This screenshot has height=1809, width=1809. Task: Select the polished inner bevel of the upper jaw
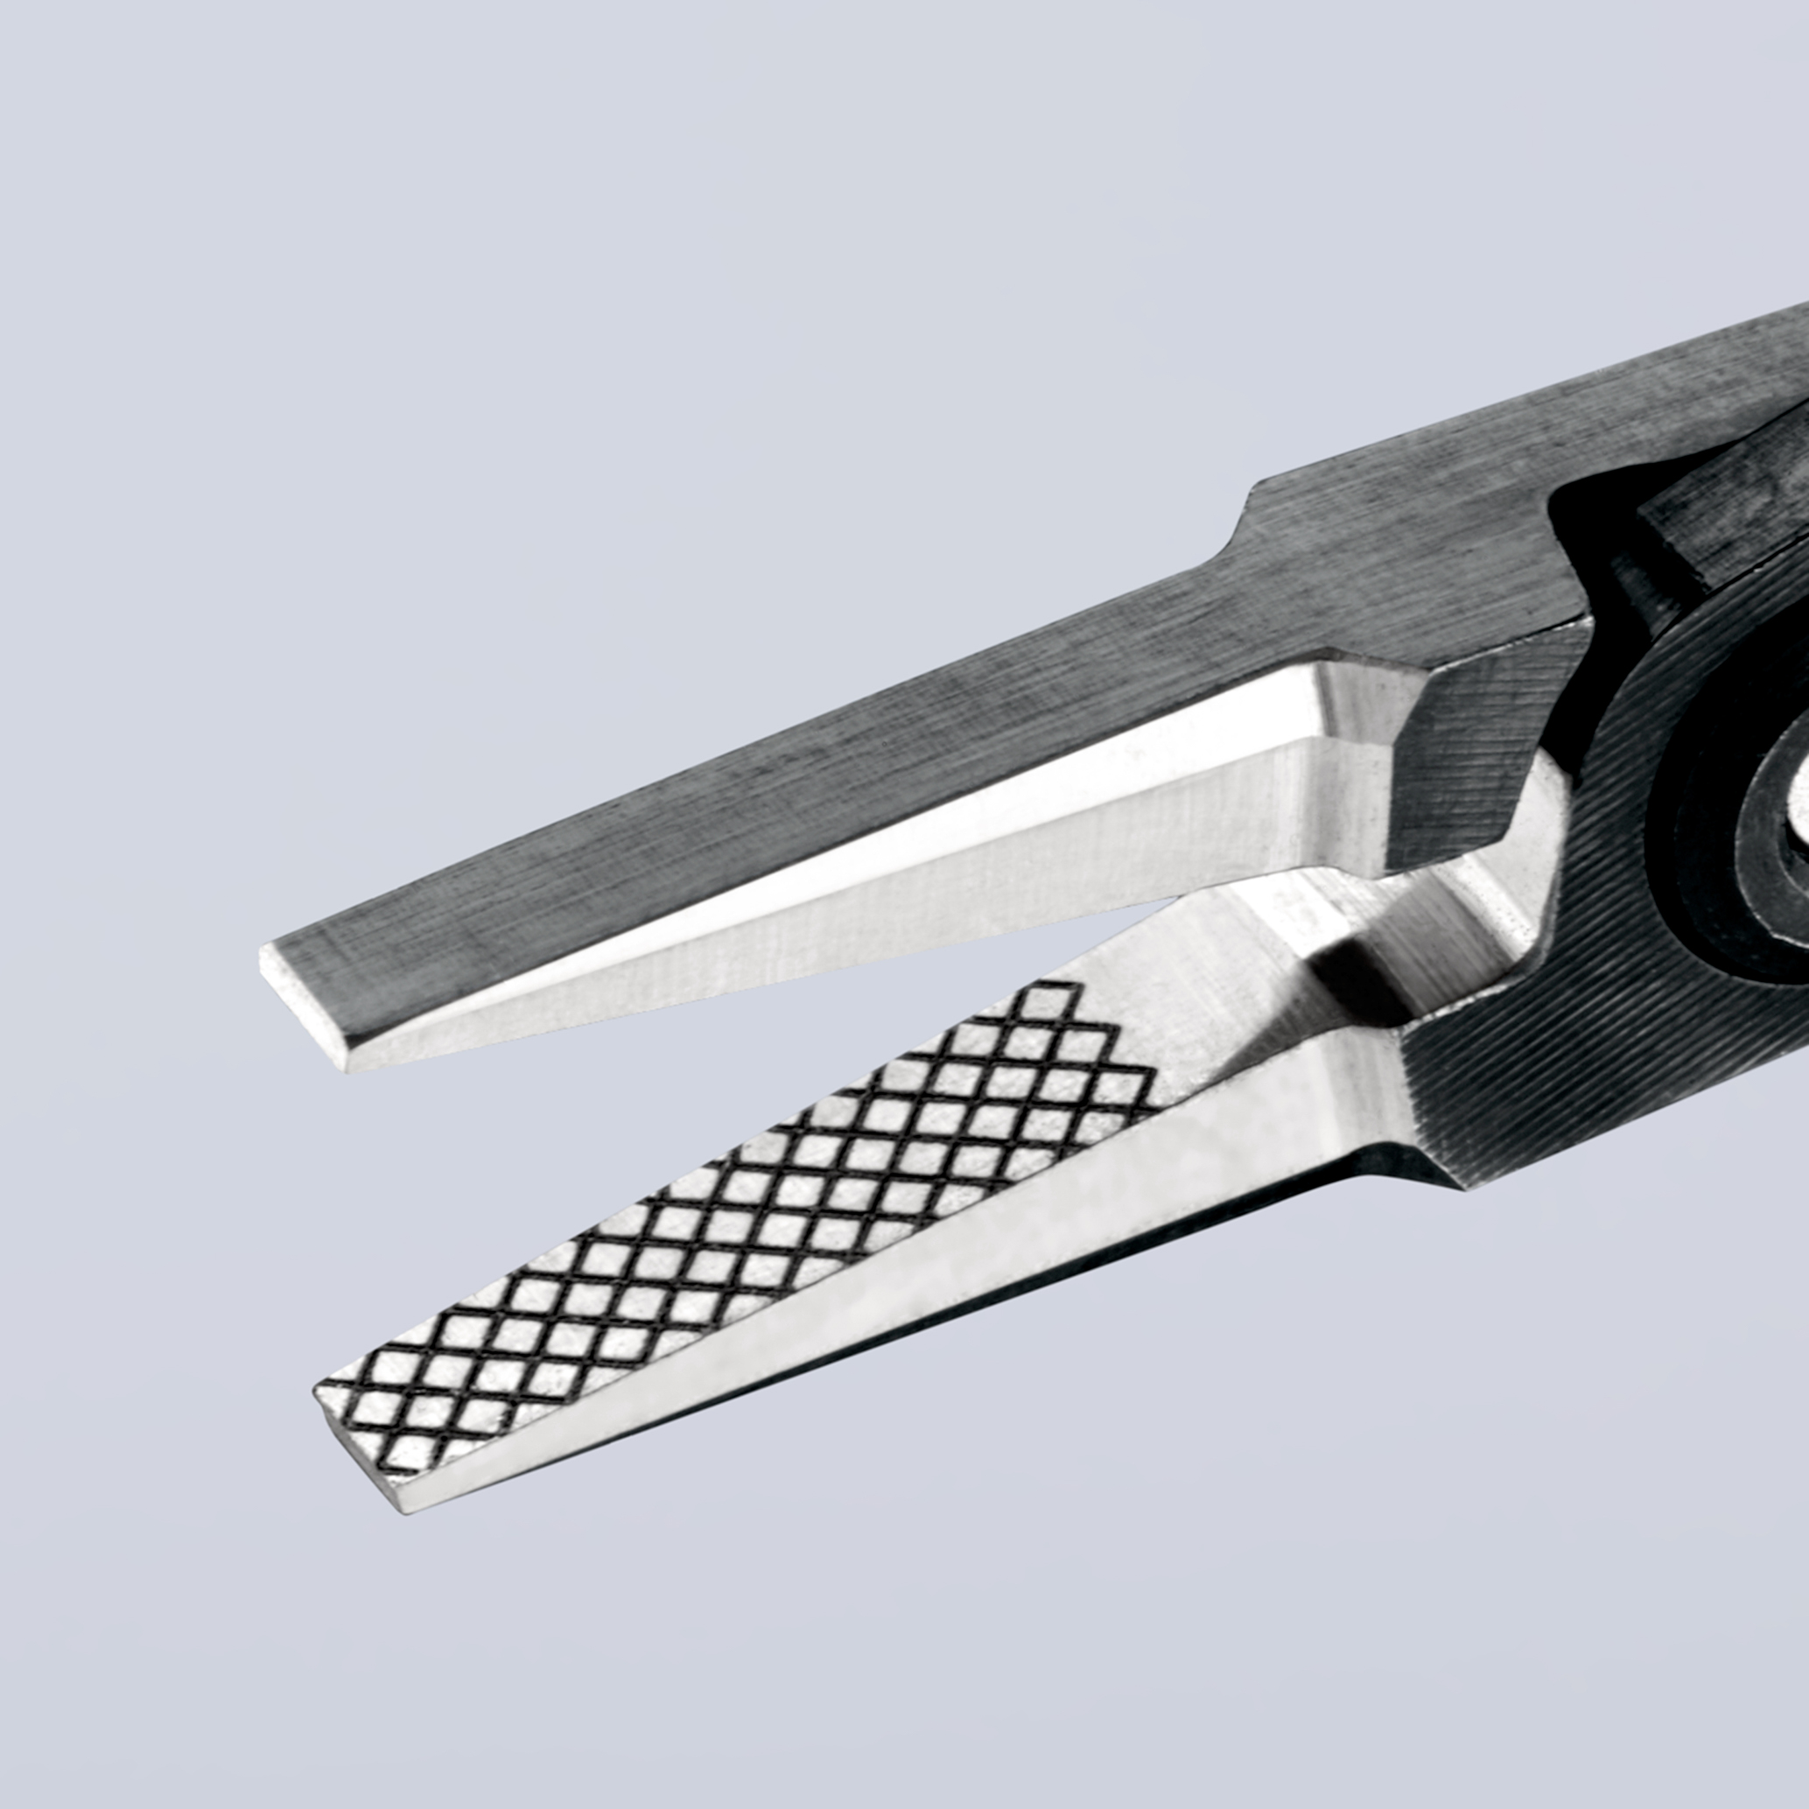click(936, 871)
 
